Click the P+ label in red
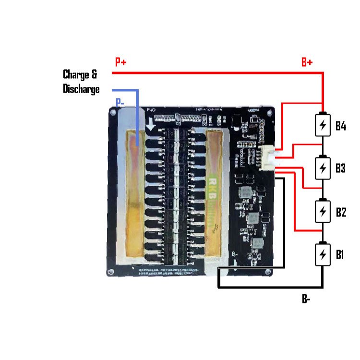[120, 62]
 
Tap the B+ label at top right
[307, 62]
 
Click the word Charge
[76, 75]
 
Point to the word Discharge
[81, 89]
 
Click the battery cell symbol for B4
[324, 126]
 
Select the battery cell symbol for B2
[324, 211]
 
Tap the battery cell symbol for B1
[324, 254]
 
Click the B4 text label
[341, 126]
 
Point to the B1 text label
[340, 254]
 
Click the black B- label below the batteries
[306, 299]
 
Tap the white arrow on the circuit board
[152, 125]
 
